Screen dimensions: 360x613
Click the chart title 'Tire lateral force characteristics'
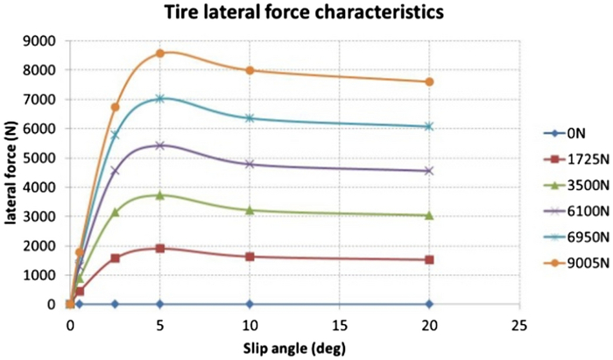305,13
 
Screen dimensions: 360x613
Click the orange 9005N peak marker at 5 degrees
160,53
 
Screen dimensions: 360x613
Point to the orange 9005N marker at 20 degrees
430,81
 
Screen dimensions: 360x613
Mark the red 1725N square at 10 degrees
250,257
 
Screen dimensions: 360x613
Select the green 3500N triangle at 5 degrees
160,194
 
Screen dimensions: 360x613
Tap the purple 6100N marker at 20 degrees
430,170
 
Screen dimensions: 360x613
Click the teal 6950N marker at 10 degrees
250,118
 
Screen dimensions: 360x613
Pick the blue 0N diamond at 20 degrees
430,304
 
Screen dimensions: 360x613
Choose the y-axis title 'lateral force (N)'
12,173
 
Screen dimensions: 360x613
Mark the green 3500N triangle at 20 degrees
430,215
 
